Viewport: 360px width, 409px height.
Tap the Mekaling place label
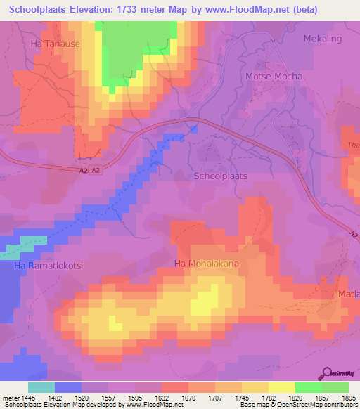click(x=323, y=38)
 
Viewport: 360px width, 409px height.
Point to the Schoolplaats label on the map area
click(x=220, y=176)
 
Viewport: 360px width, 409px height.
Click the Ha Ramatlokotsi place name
click(x=44, y=267)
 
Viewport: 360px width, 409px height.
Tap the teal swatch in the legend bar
click(x=41, y=387)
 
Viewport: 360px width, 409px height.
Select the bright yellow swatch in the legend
click(x=282, y=387)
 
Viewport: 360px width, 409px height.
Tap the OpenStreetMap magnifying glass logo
click(x=328, y=373)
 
